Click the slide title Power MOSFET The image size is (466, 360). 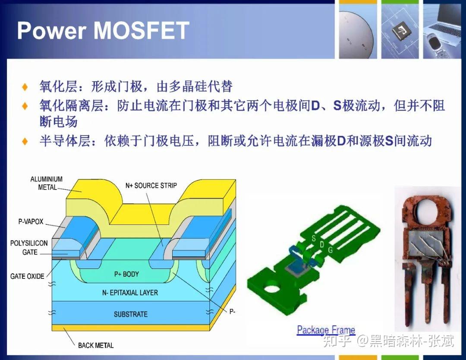pos(103,31)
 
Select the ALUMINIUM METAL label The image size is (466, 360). pos(46,183)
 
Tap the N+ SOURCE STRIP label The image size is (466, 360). pos(151,186)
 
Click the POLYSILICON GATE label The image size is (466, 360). pos(29,248)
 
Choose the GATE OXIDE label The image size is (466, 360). pos(27,276)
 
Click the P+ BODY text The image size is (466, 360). pos(126,274)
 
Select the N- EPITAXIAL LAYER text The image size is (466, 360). pos(130,293)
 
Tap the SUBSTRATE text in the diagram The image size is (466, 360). pos(130,314)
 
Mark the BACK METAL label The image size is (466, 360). pos(96,345)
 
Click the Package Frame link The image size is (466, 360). pos(326,330)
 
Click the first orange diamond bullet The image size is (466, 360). pos(25,87)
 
